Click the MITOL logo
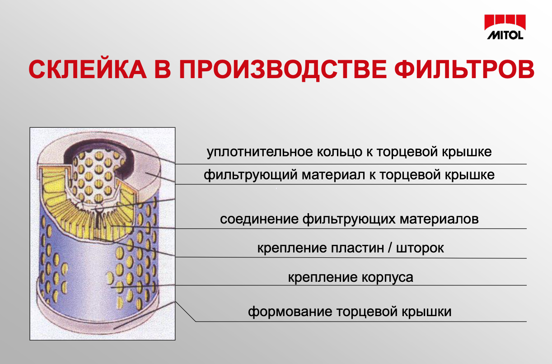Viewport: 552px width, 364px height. [505, 27]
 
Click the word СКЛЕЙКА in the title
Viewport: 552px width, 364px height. [88, 70]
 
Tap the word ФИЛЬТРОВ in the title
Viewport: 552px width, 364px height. [464, 69]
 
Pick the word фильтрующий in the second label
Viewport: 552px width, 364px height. [251, 175]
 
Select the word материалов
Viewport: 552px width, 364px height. [439, 219]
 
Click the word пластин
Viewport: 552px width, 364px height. [357, 248]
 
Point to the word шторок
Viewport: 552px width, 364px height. [420, 248]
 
